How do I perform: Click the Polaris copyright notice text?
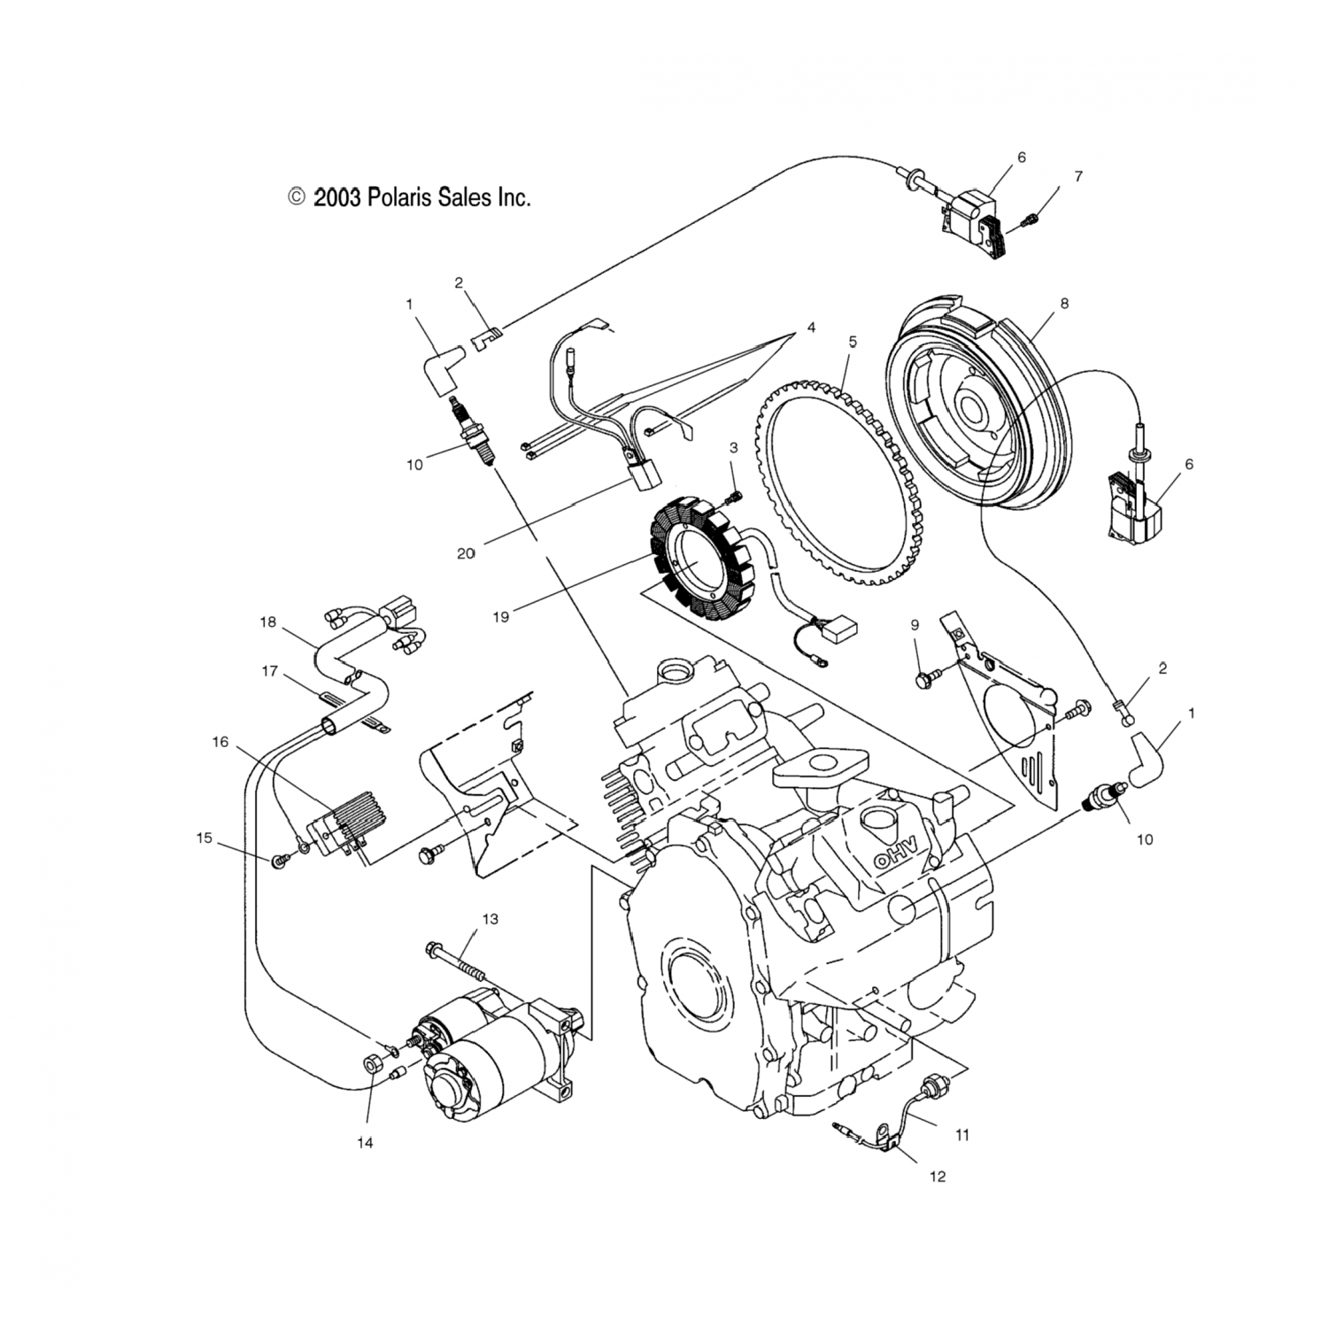pos(410,197)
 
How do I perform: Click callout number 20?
pos(466,553)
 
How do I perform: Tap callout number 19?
pos(501,617)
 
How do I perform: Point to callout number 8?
pos(1063,304)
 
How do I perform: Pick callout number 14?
pos(365,1142)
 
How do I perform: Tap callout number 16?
pos(220,742)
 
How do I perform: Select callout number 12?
pos(938,1176)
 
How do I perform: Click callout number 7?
pos(1077,176)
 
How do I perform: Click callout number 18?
pos(268,622)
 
